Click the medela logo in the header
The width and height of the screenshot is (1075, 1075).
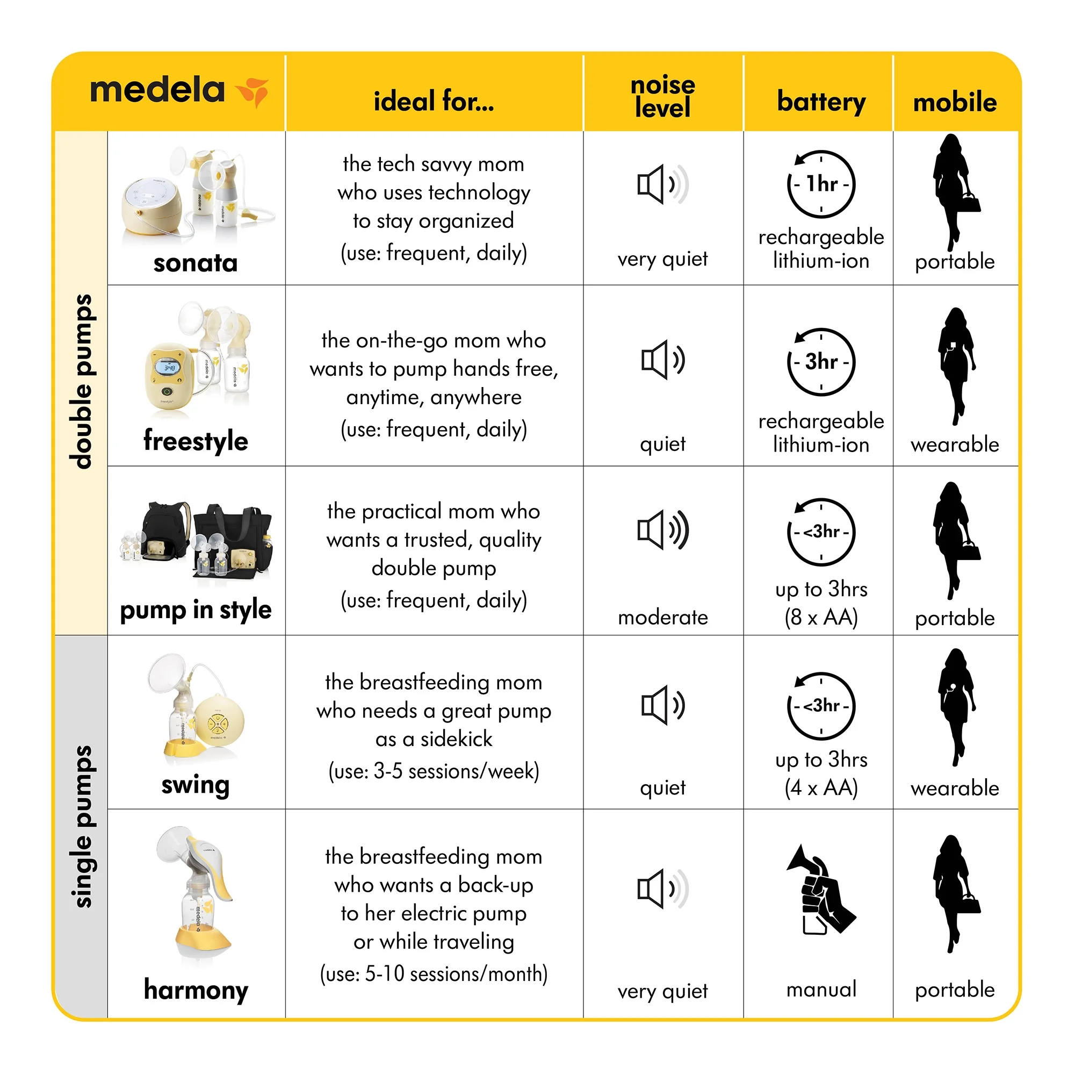point(178,91)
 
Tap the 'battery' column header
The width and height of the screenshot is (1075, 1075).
point(821,102)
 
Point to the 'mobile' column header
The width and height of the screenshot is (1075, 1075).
point(954,103)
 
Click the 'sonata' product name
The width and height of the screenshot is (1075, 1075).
point(196,263)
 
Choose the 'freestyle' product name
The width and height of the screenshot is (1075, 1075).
point(196,441)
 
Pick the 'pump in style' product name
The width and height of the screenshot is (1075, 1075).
point(196,610)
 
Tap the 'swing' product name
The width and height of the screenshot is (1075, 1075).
point(196,785)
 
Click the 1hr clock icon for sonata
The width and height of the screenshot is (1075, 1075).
point(821,184)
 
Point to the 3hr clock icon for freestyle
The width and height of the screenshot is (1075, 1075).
point(821,362)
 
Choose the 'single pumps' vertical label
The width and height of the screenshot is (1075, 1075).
point(81,827)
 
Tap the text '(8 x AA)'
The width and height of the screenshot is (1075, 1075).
point(821,618)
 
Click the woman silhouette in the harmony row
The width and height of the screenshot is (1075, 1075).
point(954,893)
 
